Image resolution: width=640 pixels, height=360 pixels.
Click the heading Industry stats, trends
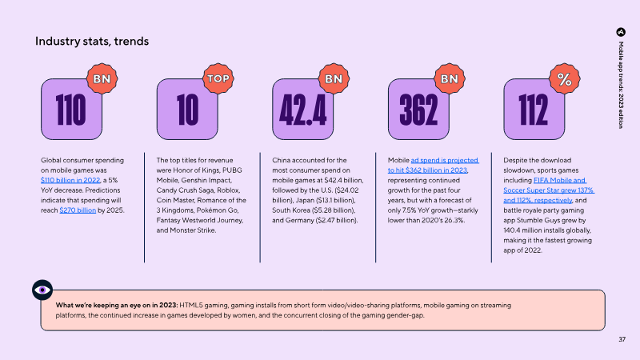[x=92, y=42]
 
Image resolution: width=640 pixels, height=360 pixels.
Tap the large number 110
[x=70, y=110]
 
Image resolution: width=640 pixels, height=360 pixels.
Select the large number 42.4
[x=303, y=110]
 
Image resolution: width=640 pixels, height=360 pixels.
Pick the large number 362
[x=418, y=110]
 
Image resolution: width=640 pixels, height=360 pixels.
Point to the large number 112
[x=533, y=110]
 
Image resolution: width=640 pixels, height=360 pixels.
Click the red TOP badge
[x=218, y=78]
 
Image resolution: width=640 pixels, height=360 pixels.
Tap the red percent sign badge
[x=565, y=78]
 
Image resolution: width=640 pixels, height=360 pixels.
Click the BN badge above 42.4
[x=334, y=78]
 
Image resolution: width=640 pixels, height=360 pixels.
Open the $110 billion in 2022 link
[x=70, y=181]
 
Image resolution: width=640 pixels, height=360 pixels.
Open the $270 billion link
[x=78, y=210]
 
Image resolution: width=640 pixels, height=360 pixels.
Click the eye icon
[x=42, y=290]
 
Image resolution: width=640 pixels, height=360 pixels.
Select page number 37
[x=622, y=339]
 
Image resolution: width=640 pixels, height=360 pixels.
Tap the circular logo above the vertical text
[x=621, y=32]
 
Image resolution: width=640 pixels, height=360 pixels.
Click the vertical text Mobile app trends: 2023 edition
[x=621, y=85]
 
